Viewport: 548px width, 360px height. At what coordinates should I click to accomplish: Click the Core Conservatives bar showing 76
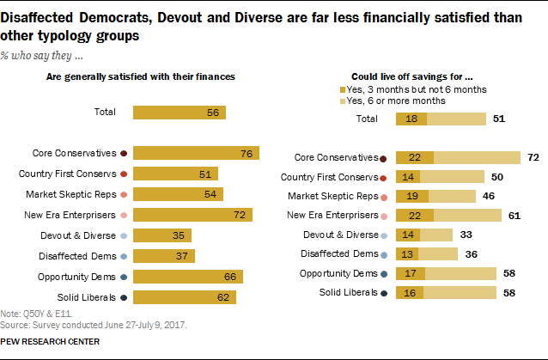pyautogui.click(x=197, y=154)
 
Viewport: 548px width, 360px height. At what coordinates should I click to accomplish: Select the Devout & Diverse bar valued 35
pyautogui.click(x=162, y=235)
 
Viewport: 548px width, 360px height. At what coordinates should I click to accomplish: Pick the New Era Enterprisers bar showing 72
pyautogui.click(x=194, y=214)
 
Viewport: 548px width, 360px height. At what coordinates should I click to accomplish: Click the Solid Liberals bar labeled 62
pyautogui.click(x=185, y=296)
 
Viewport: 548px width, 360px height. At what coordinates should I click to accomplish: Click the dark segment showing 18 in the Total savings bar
pyautogui.click(x=411, y=119)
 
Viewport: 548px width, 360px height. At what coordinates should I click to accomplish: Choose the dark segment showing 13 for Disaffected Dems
pyautogui.click(x=407, y=255)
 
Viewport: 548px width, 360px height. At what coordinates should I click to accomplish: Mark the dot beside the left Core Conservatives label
pyautogui.click(x=125, y=154)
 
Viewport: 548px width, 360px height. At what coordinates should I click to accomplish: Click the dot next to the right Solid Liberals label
pyautogui.click(x=382, y=295)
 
